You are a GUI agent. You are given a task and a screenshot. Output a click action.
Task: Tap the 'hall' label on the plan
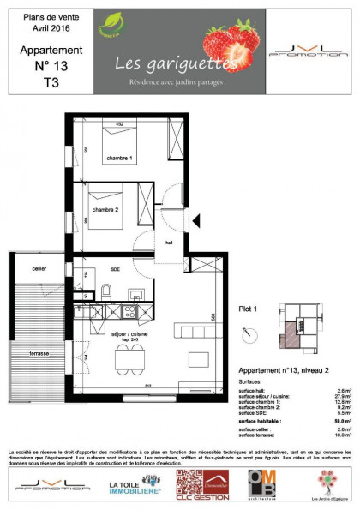[169, 242]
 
